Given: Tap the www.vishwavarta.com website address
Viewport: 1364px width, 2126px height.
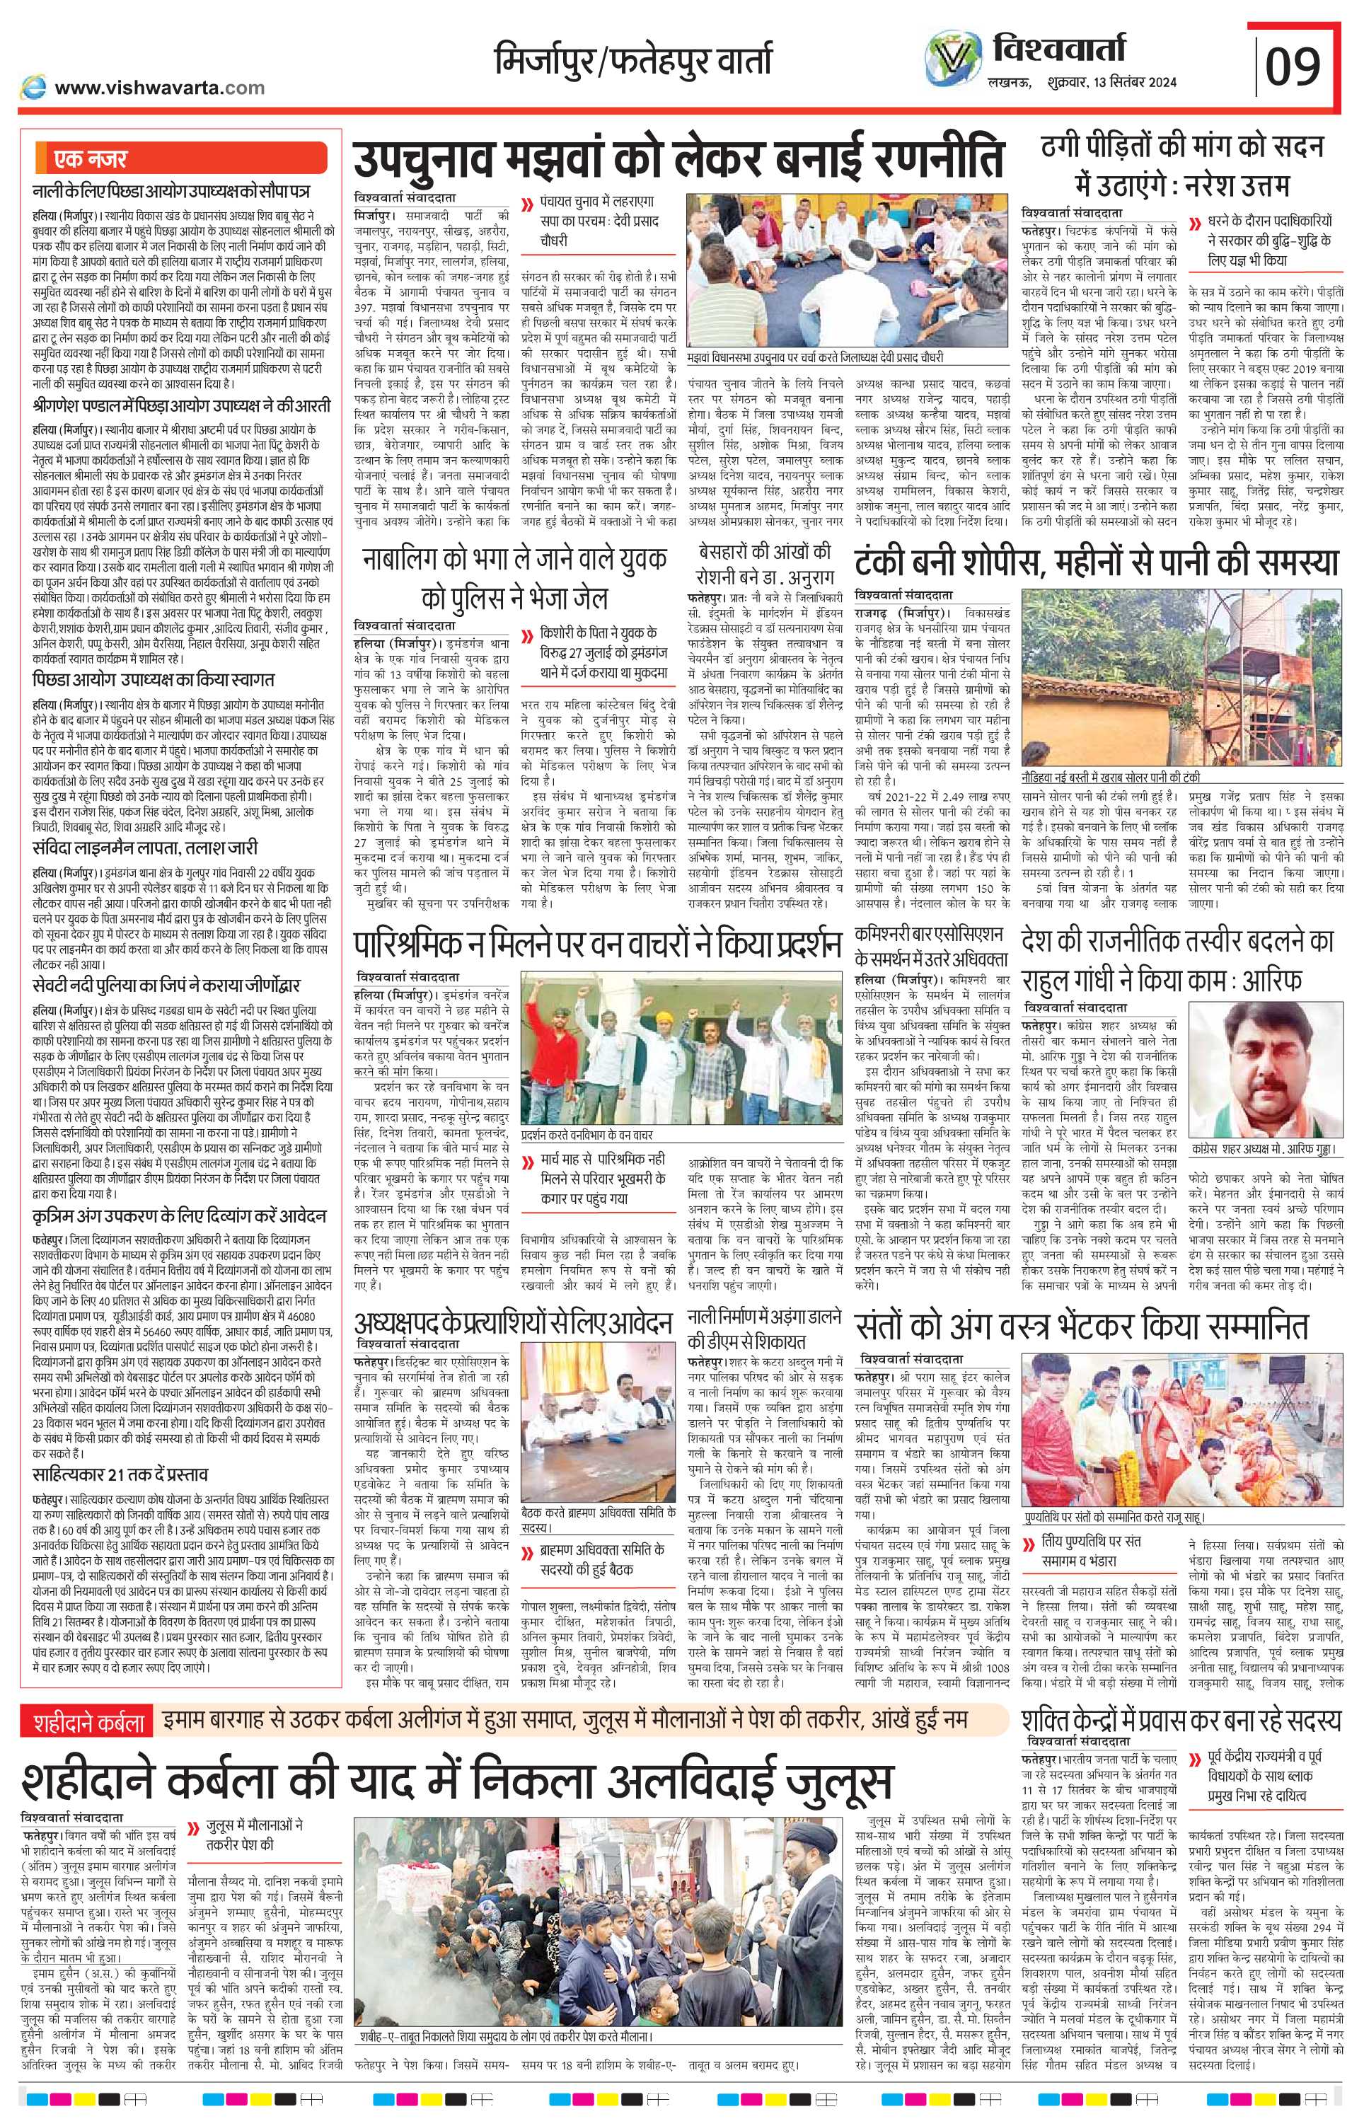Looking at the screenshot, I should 159,88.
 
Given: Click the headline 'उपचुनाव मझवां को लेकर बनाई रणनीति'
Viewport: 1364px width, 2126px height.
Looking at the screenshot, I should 678,158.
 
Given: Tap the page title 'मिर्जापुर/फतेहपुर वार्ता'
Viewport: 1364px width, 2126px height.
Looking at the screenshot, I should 632,59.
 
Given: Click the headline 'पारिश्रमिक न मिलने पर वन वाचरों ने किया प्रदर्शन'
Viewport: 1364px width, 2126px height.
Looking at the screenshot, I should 596,947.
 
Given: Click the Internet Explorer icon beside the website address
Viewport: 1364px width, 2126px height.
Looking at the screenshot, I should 35,87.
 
